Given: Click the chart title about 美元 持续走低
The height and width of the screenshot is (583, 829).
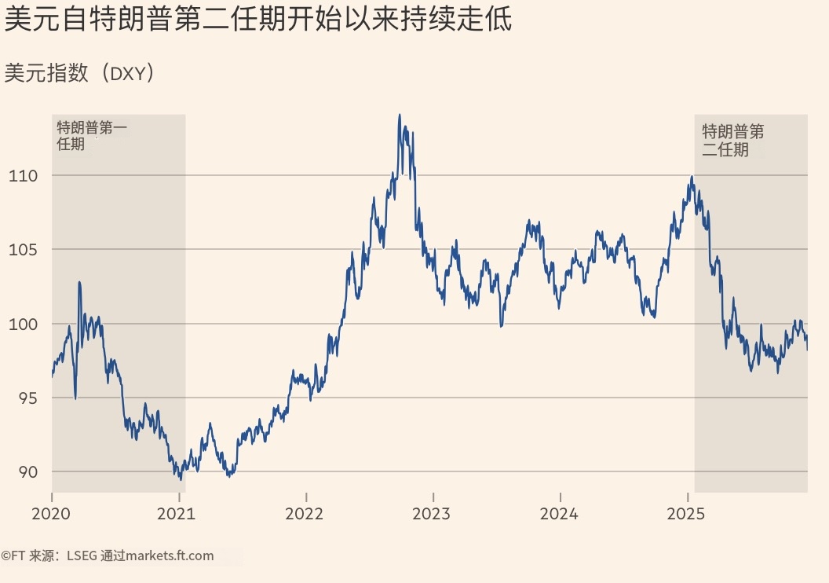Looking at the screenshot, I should tap(258, 20).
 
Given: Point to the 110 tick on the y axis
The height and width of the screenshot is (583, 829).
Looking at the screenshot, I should tap(23, 176).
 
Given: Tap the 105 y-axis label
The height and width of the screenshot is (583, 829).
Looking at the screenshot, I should tap(23, 250).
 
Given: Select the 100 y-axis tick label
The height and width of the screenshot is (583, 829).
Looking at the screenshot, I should tap(23, 324).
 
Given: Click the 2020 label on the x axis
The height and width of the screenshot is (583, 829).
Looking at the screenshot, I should tap(51, 514).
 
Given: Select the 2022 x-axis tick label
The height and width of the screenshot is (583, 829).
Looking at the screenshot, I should tap(305, 514).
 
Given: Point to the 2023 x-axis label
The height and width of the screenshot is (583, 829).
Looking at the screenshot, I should tap(433, 514).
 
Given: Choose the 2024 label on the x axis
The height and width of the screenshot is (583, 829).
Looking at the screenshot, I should tap(560, 514).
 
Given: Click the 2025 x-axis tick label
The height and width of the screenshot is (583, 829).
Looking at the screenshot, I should tap(687, 514).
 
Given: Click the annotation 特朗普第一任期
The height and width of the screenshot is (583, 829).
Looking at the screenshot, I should tap(91, 134).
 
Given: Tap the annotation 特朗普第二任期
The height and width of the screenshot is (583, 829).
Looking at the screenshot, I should tap(732, 140).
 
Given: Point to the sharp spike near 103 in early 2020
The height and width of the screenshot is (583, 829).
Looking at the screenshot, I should tap(79, 282).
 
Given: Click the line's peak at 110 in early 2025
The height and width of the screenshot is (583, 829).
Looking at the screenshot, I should tap(691, 177).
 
